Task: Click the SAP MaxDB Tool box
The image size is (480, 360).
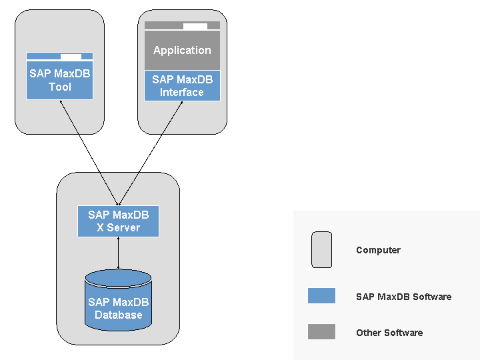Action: pos(59,80)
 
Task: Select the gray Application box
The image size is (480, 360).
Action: pos(182,51)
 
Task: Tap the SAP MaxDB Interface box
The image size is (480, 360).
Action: pos(182,85)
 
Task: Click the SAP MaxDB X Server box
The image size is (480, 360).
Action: pos(118,221)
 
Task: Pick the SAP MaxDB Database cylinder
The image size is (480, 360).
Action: pos(118,303)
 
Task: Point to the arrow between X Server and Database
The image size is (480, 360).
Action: pos(118,253)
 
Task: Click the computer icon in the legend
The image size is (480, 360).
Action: pos(321,250)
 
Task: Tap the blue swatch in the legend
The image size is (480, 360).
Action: pos(321,296)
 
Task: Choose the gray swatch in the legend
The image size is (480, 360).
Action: pos(321,332)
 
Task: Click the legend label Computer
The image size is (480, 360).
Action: pos(378,251)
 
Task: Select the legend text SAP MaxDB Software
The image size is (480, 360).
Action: pos(403,297)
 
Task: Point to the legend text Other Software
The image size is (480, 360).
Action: pos(389,333)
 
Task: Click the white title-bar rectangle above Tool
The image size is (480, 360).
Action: pos(71,57)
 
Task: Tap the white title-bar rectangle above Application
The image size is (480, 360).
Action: pos(195,27)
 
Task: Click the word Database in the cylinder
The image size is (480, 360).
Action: pos(118,315)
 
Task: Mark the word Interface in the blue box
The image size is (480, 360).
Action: pos(182,93)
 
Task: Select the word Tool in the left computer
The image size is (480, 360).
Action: pos(59,87)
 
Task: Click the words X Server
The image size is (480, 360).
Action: pos(118,228)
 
